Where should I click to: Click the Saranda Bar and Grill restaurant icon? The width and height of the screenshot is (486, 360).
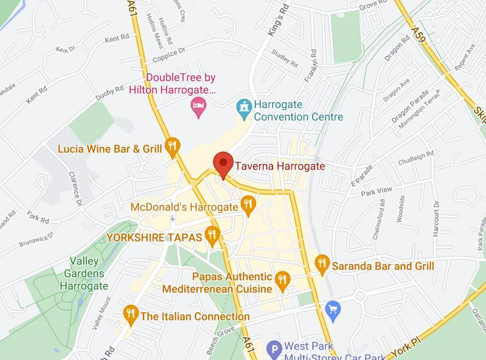click(x=322, y=264)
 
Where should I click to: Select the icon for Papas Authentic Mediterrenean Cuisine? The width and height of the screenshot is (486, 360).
click(x=282, y=281)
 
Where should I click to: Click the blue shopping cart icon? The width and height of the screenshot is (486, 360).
click(x=332, y=310)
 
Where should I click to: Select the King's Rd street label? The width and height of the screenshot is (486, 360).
click(x=278, y=25)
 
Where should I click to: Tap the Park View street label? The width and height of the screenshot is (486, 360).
click(x=377, y=191)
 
